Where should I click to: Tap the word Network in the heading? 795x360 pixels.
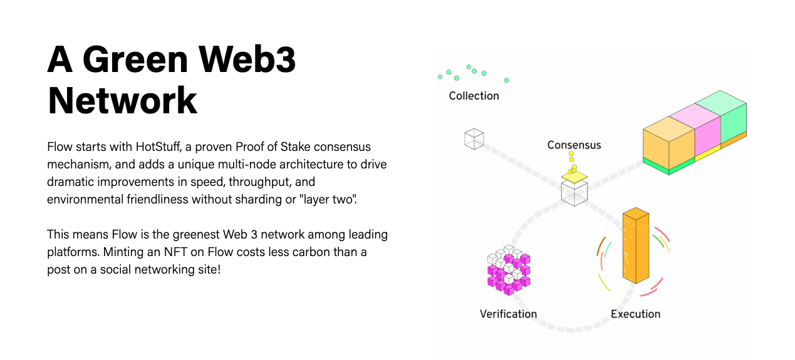pos(122,100)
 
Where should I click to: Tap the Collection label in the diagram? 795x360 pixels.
pos(474,96)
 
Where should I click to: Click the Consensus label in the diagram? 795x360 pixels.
pos(574,145)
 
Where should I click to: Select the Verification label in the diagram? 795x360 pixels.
pos(508,314)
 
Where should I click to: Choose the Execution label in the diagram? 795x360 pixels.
pos(635,314)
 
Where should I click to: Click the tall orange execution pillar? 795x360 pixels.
pos(634,247)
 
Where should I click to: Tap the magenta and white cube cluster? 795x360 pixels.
pos(508,270)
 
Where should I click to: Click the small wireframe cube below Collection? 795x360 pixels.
pos(474,138)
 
